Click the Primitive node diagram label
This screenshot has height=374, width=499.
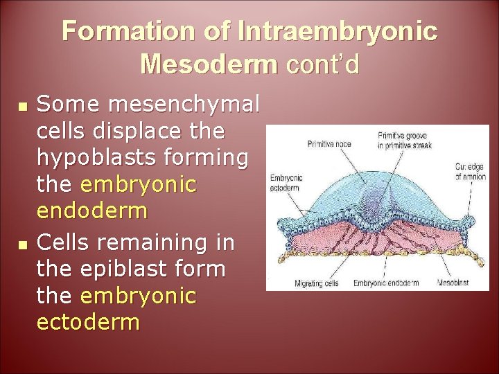[x=328, y=143]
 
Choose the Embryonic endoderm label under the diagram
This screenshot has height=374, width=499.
[x=386, y=283]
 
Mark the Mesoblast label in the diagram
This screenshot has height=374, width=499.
[x=453, y=283]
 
